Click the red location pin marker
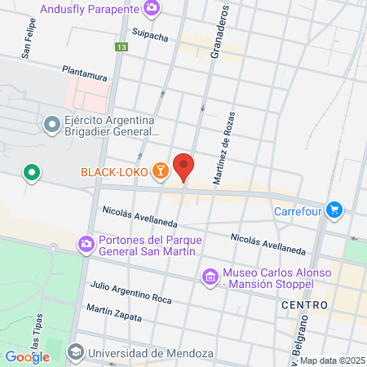point(184,166)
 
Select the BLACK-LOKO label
point(115,171)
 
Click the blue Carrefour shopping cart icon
point(333,210)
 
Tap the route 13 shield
point(121,48)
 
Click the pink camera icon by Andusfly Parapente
point(152,9)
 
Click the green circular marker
point(31,172)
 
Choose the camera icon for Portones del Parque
point(85,244)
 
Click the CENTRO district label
point(304,304)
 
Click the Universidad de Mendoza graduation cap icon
point(75,352)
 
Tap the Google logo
point(27,356)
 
